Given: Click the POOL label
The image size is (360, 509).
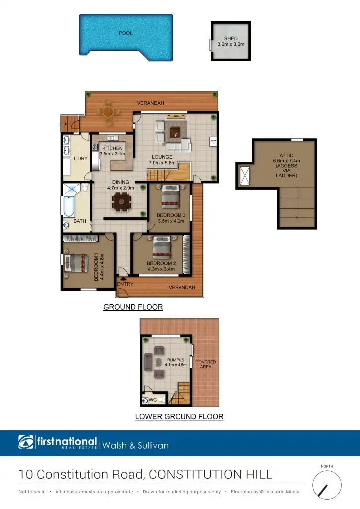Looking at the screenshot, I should coord(125,34).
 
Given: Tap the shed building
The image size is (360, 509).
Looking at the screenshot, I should coord(230,41).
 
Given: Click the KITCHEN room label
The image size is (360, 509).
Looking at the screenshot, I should coord(112,148).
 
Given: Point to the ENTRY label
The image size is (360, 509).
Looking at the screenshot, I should coord(125,284).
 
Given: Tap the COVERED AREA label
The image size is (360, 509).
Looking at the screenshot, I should coord(205,364).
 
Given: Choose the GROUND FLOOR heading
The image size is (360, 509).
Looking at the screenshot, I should coord(133,307).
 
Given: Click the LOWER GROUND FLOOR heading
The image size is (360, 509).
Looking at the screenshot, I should coord(179,416).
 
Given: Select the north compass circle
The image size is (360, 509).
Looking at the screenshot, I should coord(327,484).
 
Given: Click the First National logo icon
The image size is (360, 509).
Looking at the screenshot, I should coord(26,442).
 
